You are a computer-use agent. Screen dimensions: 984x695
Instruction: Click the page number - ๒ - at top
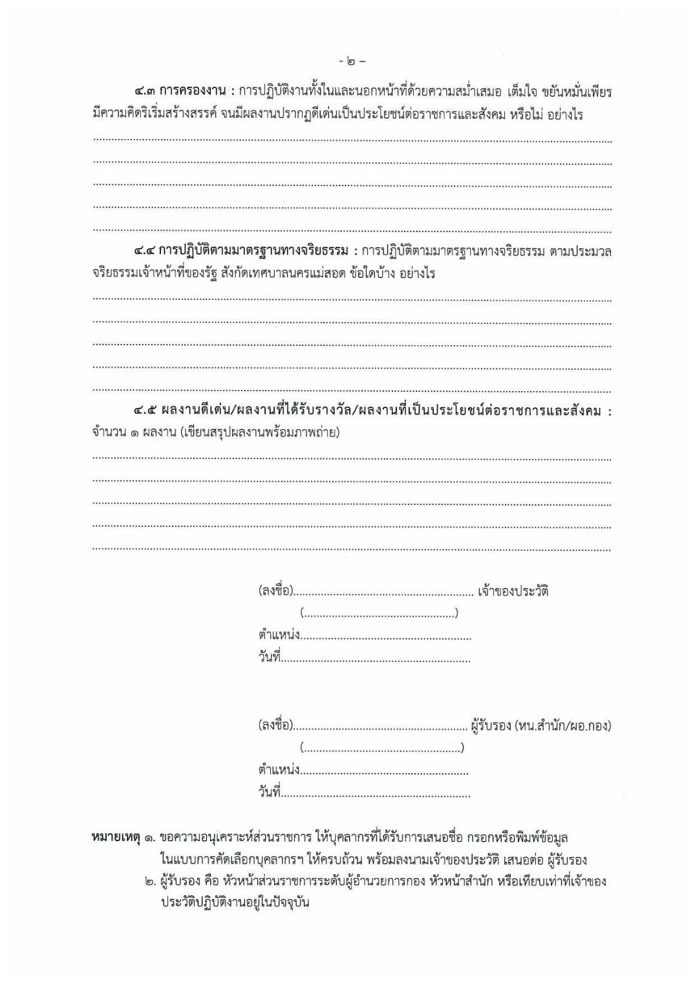352,62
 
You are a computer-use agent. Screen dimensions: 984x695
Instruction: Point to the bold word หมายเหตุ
116,837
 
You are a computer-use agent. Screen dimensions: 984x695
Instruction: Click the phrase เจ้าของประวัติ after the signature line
513,591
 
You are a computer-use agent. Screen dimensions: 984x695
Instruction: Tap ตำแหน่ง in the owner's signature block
279,635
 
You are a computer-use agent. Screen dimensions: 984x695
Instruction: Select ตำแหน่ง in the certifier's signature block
279,770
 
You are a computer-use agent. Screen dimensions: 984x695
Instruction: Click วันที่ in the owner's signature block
269,658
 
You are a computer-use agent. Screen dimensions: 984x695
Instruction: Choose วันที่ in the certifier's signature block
269,793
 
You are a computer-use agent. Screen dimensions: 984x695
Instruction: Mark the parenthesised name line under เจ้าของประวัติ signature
379,613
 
